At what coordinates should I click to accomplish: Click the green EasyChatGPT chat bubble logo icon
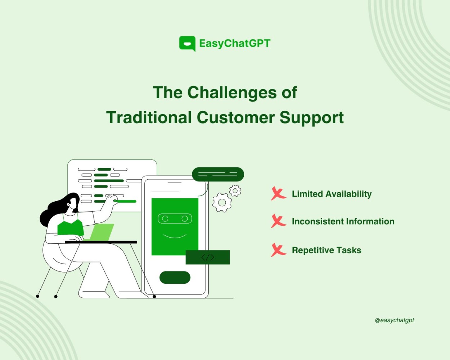pyautogui.click(x=187, y=44)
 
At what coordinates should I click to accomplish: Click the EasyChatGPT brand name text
pyautogui.click(x=235, y=44)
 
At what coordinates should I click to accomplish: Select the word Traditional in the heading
pyautogui.click(x=149, y=117)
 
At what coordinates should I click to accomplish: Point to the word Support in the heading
pyautogui.click(x=312, y=118)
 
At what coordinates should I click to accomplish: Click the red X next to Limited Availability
pyautogui.click(x=278, y=193)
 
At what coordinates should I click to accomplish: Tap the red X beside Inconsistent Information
pyautogui.click(x=278, y=221)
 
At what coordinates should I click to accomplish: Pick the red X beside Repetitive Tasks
pyautogui.click(x=278, y=250)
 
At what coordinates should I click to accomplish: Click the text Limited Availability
pyautogui.click(x=332, y=194)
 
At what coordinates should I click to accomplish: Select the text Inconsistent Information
pyautogui.click(x=343, y=221)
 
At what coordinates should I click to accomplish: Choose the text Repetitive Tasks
pyautogui.click(x=327, y=251)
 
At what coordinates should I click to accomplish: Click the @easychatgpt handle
pyautogui.click(x=394, y=320)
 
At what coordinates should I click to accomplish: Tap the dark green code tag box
pyautogui.click(x=208, y=257)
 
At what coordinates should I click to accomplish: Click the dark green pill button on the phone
pyautogui.click(x=175, y=277)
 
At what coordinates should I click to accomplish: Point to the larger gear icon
pyautogui.click(x=222, y=202)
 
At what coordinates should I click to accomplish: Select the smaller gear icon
pyautogui.click(x=235, y=190)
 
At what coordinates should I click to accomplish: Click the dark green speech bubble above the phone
pyautogui.click(x=218, y=174)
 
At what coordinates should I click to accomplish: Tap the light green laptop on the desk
pyautogui.click(x=102, y=232)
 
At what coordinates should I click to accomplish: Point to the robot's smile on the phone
pyautogui.click(x=175, y=237)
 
